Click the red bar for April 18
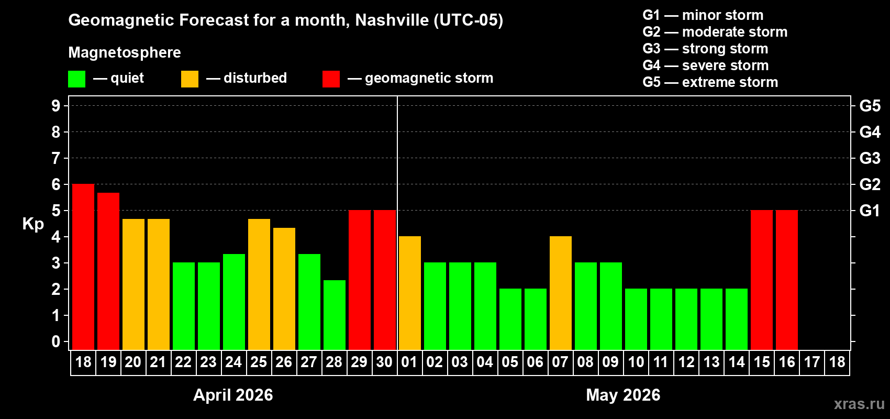coord(83,267)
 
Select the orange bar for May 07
coord(561,293)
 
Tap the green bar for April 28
coord(335,315)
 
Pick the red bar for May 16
coord(787,280)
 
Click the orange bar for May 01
coord(410,293)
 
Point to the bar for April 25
coord(259,284)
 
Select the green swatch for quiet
coord(77,79)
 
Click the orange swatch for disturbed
coord(190,79)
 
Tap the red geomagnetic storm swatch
coord(331,79)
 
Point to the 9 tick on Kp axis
coord(56,106)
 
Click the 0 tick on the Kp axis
coord(56,342)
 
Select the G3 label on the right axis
coord(870,158)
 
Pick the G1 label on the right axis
coord(870,211)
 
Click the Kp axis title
coord(33,224)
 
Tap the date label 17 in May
coord(812,362)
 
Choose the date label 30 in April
coord(384,362)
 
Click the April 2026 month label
coord(233,395)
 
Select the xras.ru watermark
coord(859,404)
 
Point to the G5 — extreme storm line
coord(710,82)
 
